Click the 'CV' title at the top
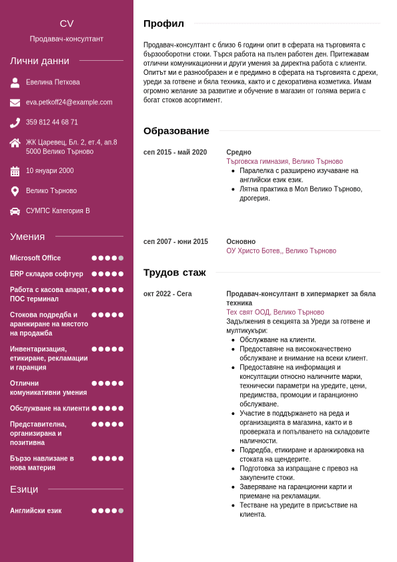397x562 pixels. tap(66, 23)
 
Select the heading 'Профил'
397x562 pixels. tap(163, 23)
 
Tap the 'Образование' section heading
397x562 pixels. tap(176, 131)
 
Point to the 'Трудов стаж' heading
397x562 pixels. tap(174, 273)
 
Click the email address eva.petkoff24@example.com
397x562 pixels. tap(69, 102)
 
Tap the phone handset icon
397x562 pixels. tap(15, 123)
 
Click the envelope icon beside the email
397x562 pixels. tap(15, 103)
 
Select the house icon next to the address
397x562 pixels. tap(15, 143)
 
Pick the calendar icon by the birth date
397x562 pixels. tap(15, 171)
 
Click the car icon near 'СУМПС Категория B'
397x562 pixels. tap(15, 211)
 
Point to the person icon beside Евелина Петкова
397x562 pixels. tap(15, 83)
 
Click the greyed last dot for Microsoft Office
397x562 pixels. tap(121, 258)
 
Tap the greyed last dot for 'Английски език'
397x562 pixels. tap(121, 511)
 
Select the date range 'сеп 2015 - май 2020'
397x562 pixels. tap(175, 152)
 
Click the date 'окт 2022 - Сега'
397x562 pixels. tap(167, 294)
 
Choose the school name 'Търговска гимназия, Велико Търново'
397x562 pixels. tap(284, 162)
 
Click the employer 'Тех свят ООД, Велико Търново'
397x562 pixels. tap(275, 312)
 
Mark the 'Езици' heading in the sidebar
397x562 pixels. tap(24, 489)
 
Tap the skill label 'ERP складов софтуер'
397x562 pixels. tap(47, 274)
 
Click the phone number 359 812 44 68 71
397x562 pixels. tap(52, 122)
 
